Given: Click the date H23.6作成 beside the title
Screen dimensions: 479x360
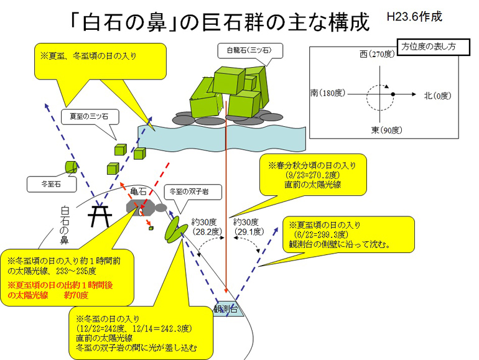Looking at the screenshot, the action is coord(414,17).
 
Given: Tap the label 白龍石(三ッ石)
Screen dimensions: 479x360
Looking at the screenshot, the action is coord(249,50).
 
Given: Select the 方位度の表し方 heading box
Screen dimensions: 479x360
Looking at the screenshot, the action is coord(433,47).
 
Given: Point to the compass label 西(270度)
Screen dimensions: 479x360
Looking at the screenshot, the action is coord(377,54).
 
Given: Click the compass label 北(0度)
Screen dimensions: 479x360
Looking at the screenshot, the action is coord(437,96).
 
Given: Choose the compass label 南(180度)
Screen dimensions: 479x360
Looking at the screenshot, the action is coord(327,93).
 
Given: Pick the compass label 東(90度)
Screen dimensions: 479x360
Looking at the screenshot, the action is coord(386,130).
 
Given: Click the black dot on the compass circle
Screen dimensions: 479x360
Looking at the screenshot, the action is coord(393,95).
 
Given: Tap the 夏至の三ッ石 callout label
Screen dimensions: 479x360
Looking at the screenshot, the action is coord(90,117).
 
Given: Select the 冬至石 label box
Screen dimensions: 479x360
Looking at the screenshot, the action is coord(51,184).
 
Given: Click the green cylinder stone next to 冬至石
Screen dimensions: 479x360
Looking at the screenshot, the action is coord(71,167).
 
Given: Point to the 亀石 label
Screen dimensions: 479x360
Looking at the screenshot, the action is coord(138,192).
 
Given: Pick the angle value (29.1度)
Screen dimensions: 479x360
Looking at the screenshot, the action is coord(249,232).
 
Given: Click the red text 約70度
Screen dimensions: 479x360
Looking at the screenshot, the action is coord(76,295).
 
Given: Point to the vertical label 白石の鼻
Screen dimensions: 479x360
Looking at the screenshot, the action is coord(65,225).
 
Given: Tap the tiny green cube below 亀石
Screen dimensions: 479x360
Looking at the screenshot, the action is coord(151,228).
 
